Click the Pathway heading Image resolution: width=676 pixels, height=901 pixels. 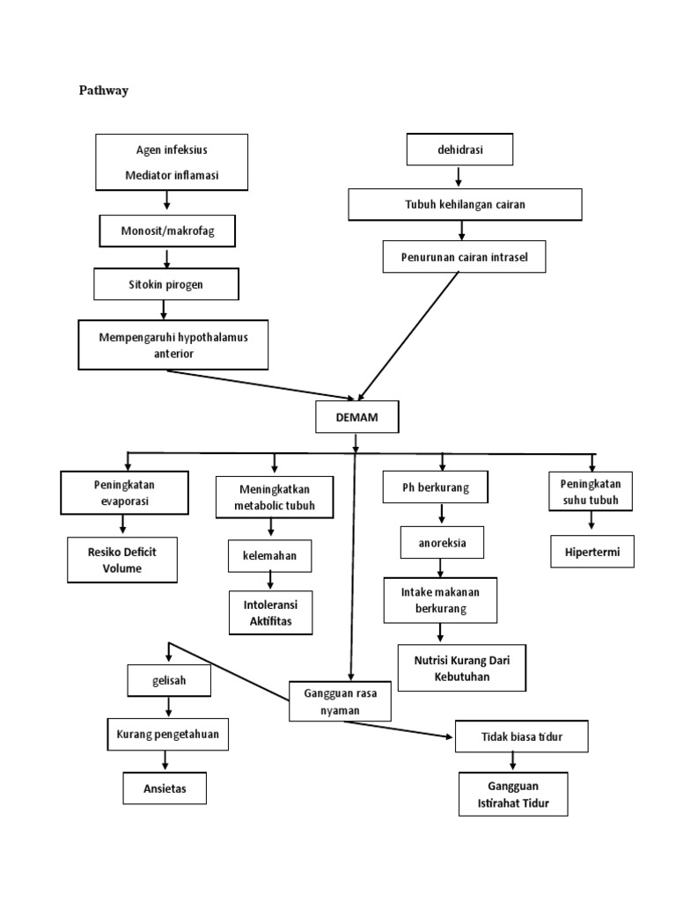[104, 90]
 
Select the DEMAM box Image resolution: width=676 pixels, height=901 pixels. [356, 418]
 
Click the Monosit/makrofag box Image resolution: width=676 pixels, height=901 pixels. [166, 231]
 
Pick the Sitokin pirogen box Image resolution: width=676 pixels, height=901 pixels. [165, 285]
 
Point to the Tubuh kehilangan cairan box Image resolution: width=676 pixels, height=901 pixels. [466, 204]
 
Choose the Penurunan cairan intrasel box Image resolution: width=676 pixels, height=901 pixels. [465, 256]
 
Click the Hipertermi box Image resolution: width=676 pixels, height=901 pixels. [592, 551]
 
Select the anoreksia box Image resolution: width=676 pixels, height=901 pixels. [442, 543]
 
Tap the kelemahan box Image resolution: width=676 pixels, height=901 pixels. [270, 556]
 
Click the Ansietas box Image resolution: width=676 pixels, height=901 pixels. [165, 788]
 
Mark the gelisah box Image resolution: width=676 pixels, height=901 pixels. [169, 679]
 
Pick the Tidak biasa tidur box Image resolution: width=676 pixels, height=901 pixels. [521, 736]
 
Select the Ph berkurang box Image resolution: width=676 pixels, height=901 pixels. [437, 487]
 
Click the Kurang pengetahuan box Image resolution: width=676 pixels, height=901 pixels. [168, 733]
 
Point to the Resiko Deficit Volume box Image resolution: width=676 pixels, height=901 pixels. [122, 560]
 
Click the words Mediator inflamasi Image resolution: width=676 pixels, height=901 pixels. [172, 175]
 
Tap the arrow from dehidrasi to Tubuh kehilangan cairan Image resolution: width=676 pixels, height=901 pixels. [458, 177]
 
